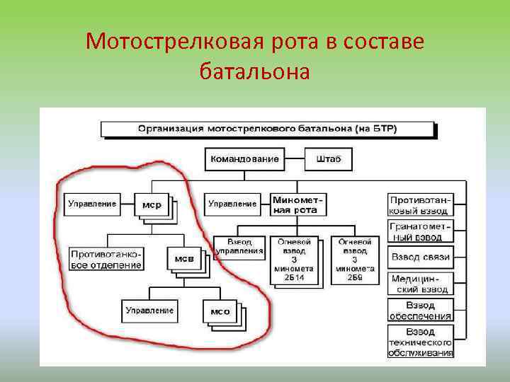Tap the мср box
point(152,205)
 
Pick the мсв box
point(184,259)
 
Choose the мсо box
point(220,311)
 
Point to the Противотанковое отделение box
point(106,259)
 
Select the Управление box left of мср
point(92,204)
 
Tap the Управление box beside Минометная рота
point(232,204)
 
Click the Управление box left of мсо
point(149,310)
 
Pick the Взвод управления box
point(239,245)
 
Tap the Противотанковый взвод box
point(420,205)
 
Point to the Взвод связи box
point(420,257)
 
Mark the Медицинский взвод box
point(420,284)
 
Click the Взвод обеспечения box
point(420,310)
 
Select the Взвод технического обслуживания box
point(420,342)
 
